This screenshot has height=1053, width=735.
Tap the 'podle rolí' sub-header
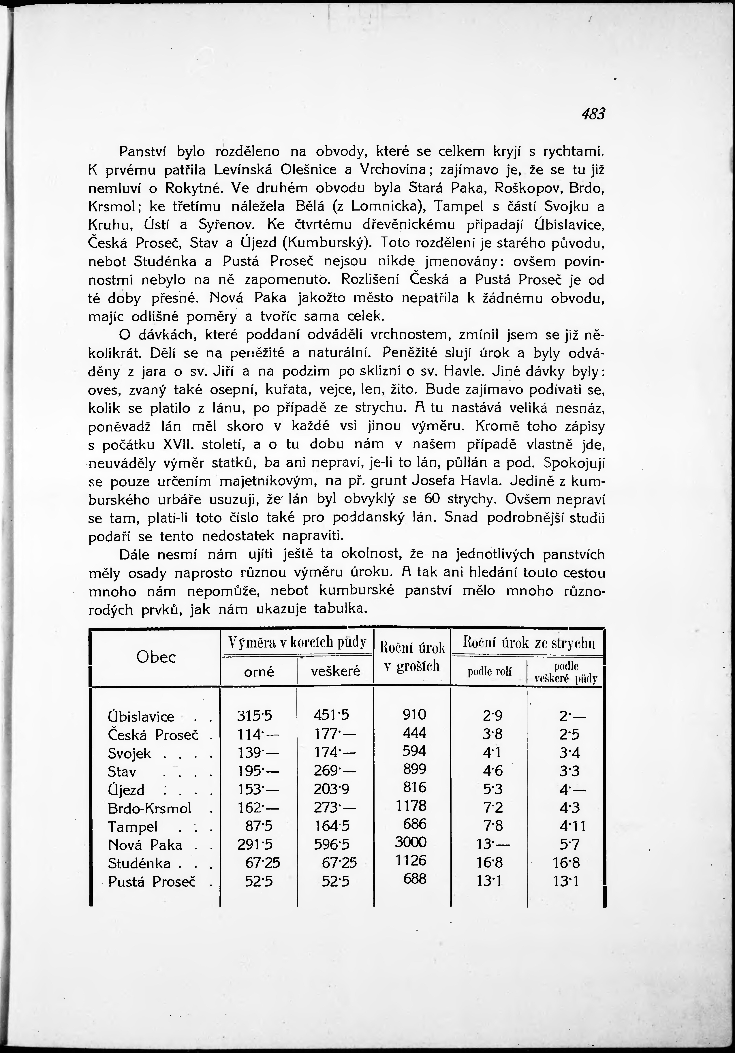tap(490, 672)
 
